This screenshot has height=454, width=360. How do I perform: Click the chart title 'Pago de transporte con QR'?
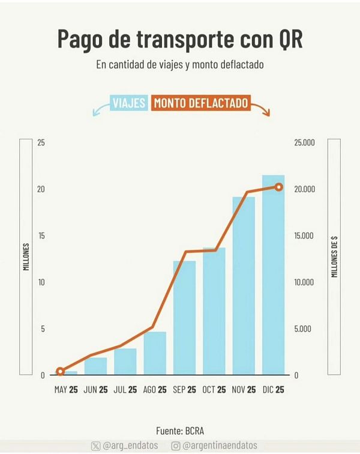pyautogui.click(x=179, y=39)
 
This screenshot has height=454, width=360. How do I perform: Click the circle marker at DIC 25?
pyautogui.click(x=278, y=187)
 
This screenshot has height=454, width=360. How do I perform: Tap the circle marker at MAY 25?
pyautogui.click(x=60, y=371)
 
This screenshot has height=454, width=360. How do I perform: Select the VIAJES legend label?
pyautogui.click(x=129, y=103)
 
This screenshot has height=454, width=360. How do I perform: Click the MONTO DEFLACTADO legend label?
pyautogui.click(x=201, y=103)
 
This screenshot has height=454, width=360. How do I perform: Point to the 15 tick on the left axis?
pyautogui.click(x=41, y=235)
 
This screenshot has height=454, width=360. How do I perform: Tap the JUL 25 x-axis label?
pyautogui.click(x=125, y=390)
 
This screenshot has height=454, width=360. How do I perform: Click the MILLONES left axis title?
pyautogui.click(x=26, y=257)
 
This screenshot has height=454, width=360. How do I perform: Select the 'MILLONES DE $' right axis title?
pyautogui.click(x=334, y=257)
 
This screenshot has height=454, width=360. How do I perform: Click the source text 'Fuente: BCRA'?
pyautogui.click(x=180, y=431)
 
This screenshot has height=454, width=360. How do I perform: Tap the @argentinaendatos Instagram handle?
pyautogui.click(x=214, y=446)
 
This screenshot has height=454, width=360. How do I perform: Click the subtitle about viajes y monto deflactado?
pyautogui.click(x=179, y=65)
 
